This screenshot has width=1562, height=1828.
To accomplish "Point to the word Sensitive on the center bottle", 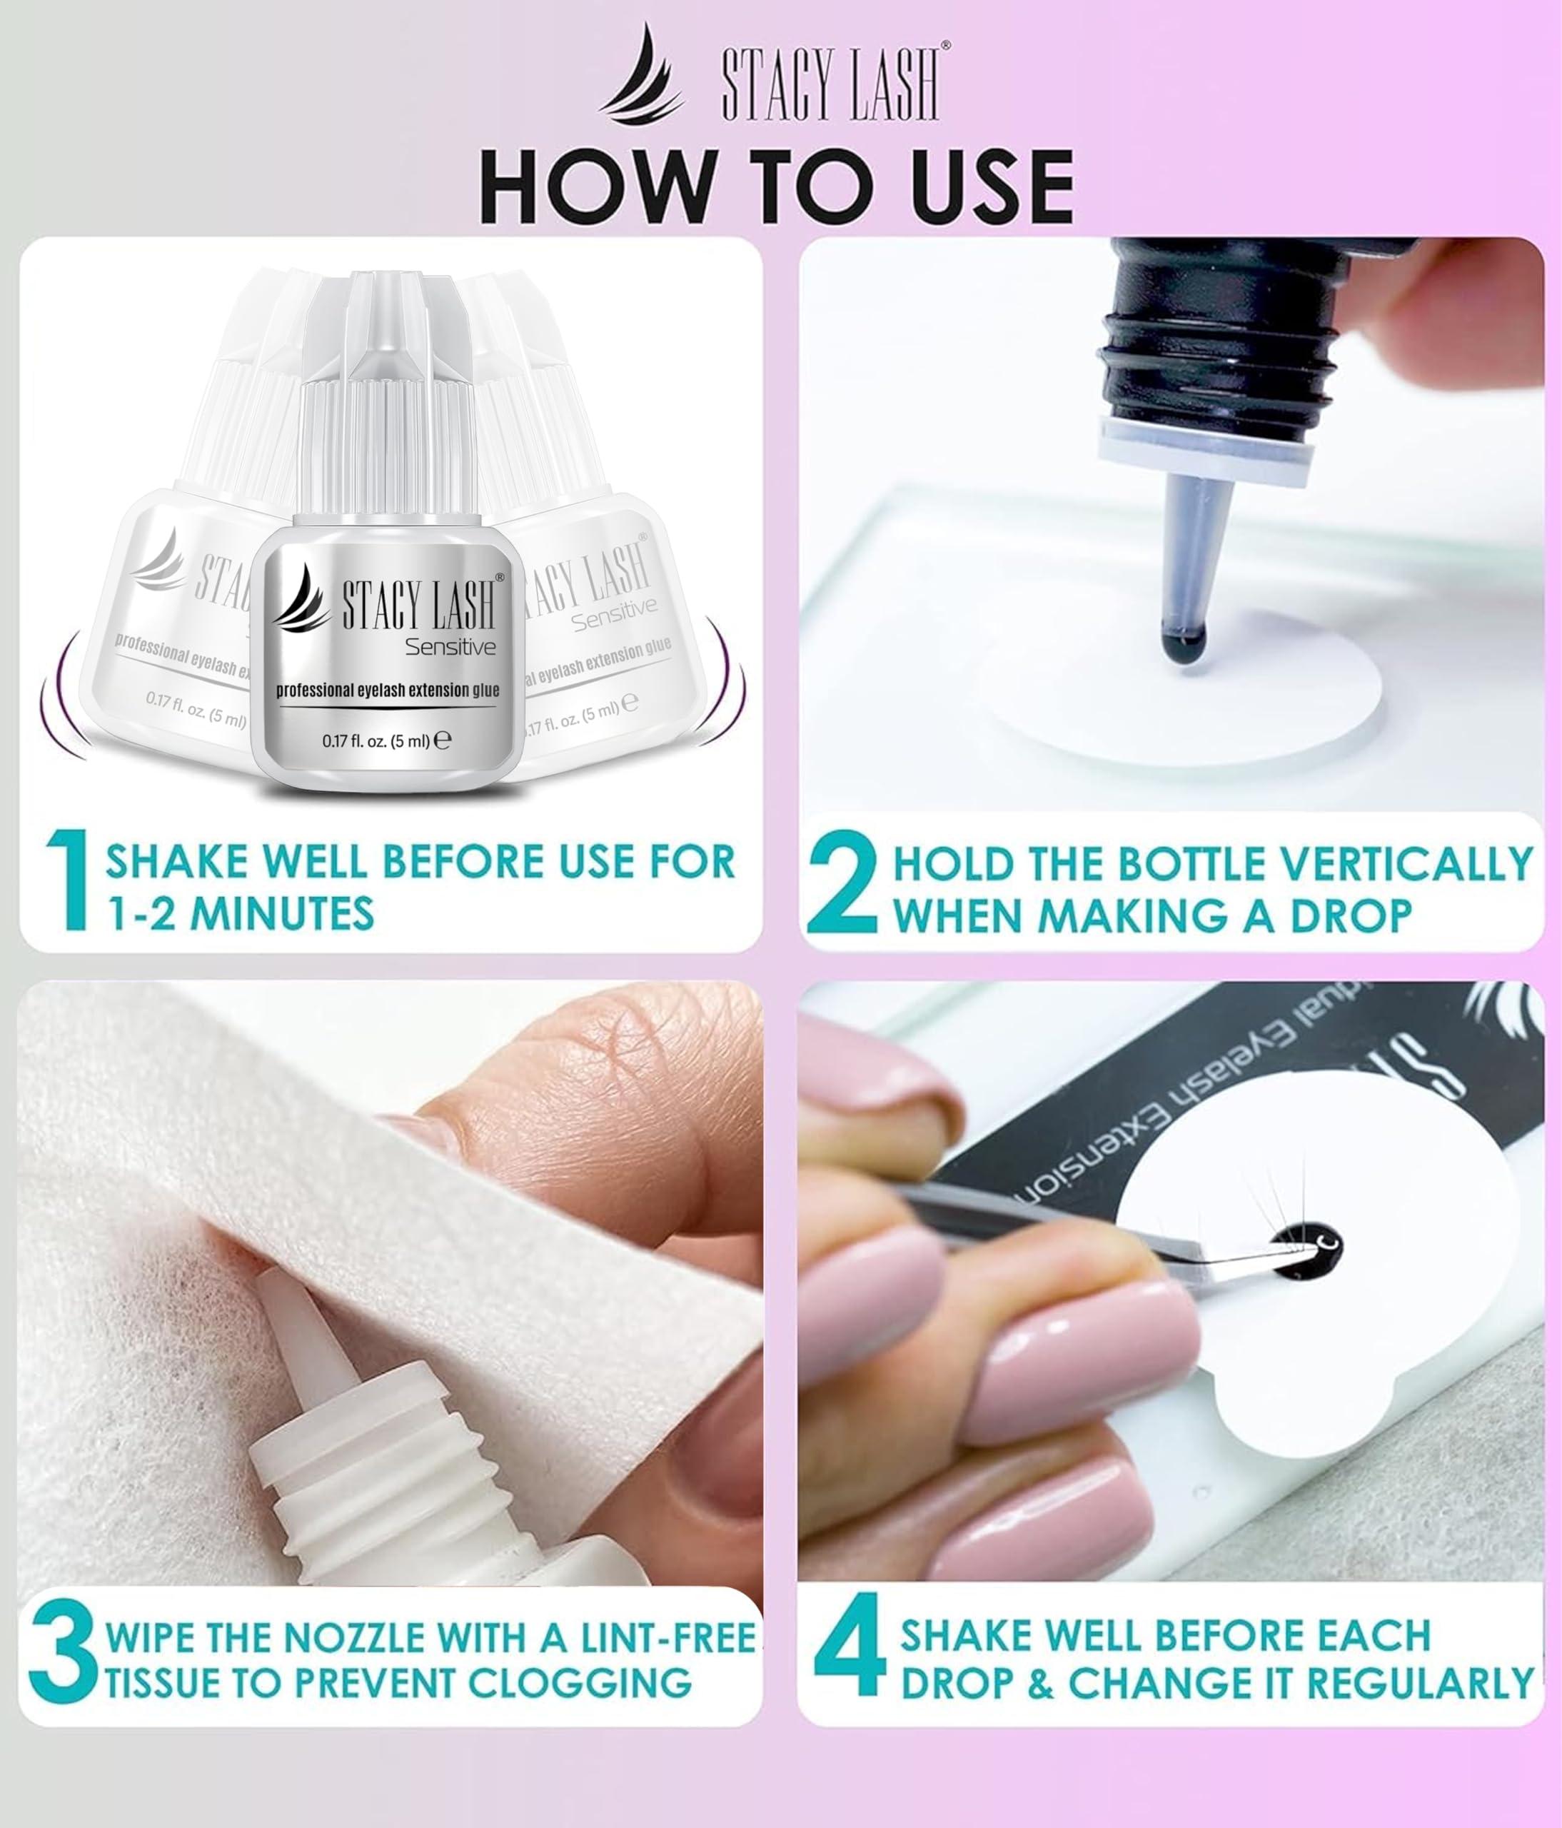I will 450,648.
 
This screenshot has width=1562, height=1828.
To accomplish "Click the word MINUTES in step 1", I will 282,913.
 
